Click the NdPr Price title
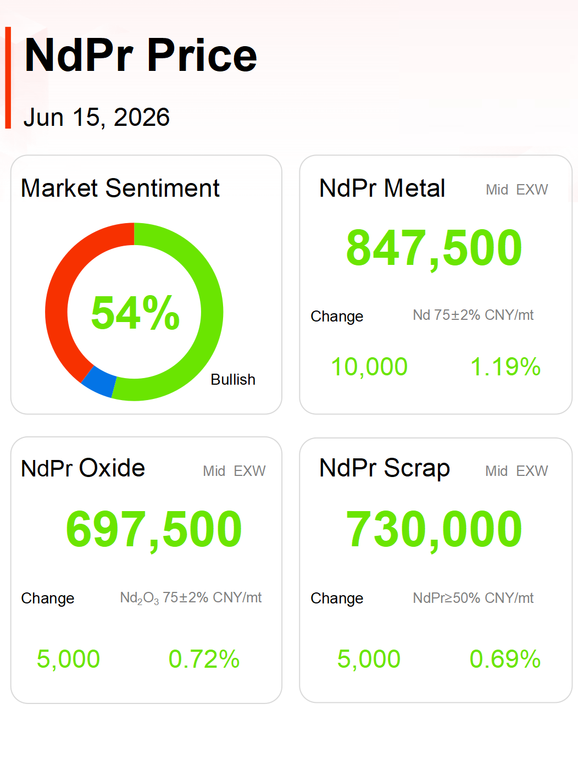[x=141, y=55]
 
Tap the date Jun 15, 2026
[x=97, y=117]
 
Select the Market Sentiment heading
[x=120, y=188]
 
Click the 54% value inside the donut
[x=135, y=312]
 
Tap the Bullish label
[x=233, y=380]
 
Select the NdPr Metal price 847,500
[x=434, y=248]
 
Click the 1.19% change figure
[x=505, y=367]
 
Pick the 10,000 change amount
[x=369, y=367]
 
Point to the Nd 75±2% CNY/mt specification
[x=473, y=315]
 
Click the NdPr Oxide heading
[x=83, y=468]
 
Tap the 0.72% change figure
[x=204, y=659]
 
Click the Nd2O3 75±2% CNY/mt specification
[x=191, y=598]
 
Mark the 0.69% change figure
[x=505, y=659]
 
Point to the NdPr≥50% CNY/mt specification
[x=473, y=598]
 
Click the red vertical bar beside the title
[x=8, y=77]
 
